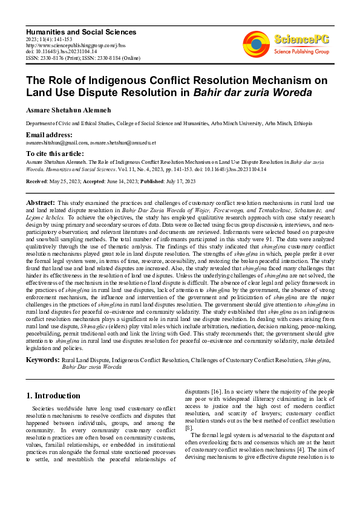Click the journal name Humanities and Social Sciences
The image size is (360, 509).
click(71, 30)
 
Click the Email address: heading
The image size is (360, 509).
click(49, 134)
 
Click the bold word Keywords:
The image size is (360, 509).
click(42, 360)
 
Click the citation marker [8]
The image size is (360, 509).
click(189, 427)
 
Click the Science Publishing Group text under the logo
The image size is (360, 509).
click(301, 52)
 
